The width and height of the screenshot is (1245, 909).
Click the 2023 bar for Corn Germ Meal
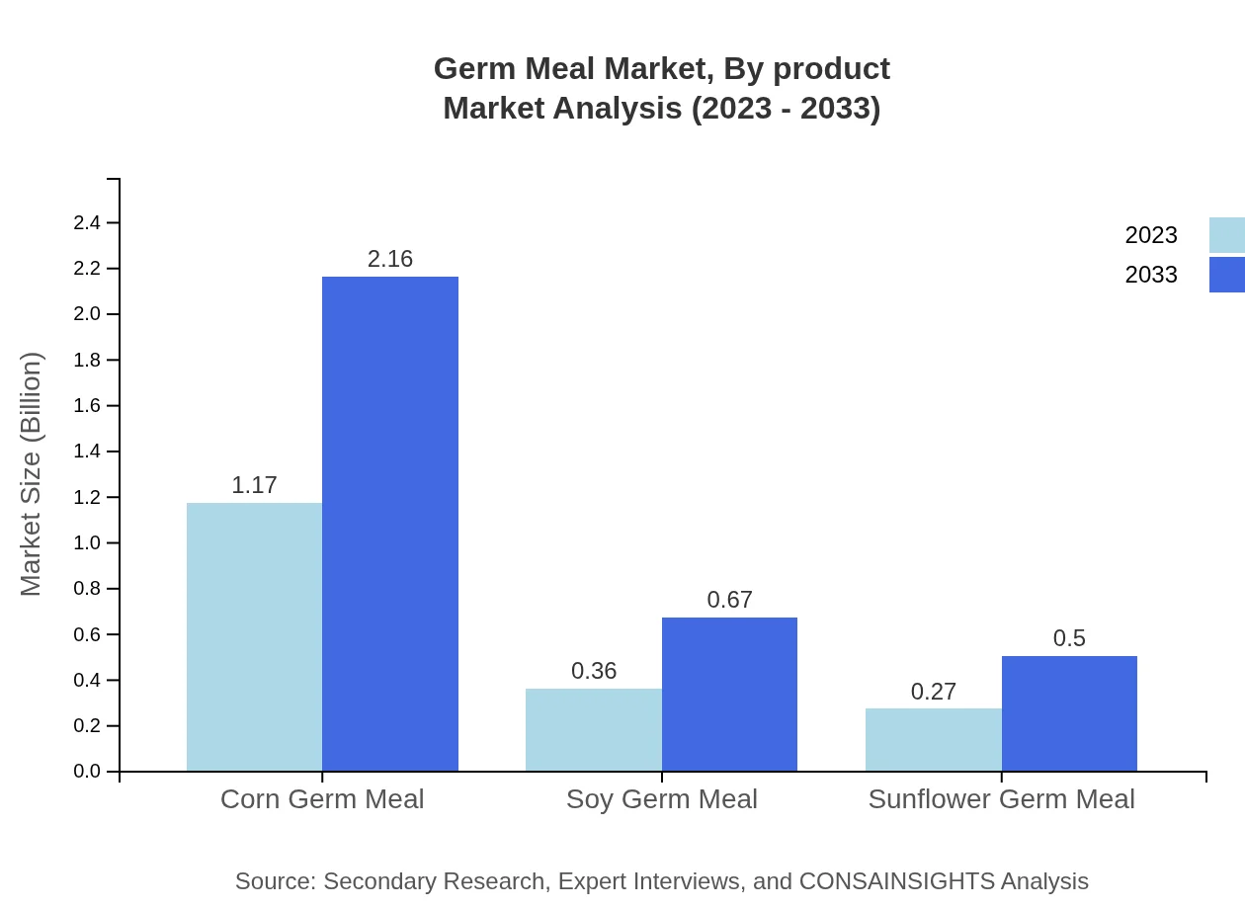tap(254, 637)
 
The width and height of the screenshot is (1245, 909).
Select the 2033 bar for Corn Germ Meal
tap(390, 524)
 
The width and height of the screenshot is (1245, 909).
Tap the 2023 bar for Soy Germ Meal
tap(594, 729)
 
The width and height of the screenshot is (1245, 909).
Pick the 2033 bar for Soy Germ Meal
tap(729, 694)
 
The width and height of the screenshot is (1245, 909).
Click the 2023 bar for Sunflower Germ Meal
tap(934, 739)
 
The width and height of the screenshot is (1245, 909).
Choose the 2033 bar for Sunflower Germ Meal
tap(1069, 713)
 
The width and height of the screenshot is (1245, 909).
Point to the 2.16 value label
tap(390, 259)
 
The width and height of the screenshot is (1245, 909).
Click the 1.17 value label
tap(254, 485)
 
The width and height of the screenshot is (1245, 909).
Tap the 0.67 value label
tap(729, 600)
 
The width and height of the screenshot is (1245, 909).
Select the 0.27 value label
tap(934, 692)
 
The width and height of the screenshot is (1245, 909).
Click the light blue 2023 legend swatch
tap(1226, 235)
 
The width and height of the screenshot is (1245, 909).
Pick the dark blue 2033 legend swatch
tap(1226, 275)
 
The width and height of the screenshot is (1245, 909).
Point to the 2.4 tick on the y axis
tap(87, 223)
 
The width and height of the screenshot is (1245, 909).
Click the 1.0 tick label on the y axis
tap(87, 543)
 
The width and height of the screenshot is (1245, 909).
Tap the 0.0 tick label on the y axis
tap(87, 772)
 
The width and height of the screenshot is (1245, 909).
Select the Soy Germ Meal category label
tap(662, 799)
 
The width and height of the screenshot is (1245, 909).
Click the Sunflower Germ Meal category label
tap(1001, 799)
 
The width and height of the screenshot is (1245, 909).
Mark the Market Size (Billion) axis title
tap(31, 474)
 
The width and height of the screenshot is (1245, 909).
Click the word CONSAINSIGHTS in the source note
tap(896, 881)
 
